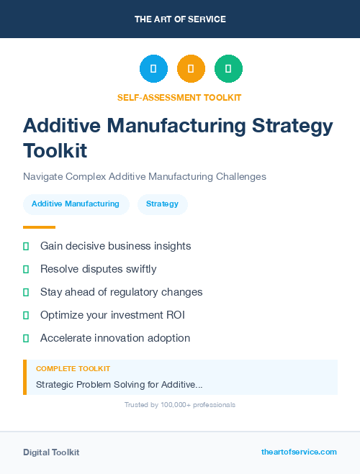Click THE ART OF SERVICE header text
[180, 19]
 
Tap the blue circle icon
[153, 69]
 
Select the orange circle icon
[191, 69]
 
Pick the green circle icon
[228, 69]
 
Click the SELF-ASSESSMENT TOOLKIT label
[179, 97]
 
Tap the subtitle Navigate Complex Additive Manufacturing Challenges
[145, 176]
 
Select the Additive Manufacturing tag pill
[76, 204]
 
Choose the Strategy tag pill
[162, 204]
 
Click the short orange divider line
[39, 227]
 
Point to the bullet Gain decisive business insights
[115, 246]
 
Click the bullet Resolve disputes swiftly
[98, 269]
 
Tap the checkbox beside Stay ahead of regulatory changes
[26, 292]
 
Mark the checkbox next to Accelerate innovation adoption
[26, 338]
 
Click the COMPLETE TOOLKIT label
[73, 368]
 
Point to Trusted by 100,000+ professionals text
[179, 405]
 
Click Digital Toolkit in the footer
[51, 452]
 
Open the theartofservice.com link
[299, 452]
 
